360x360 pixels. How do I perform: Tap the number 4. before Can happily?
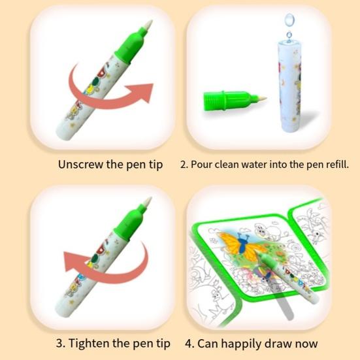pyautogui.click(x=191, y=344)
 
